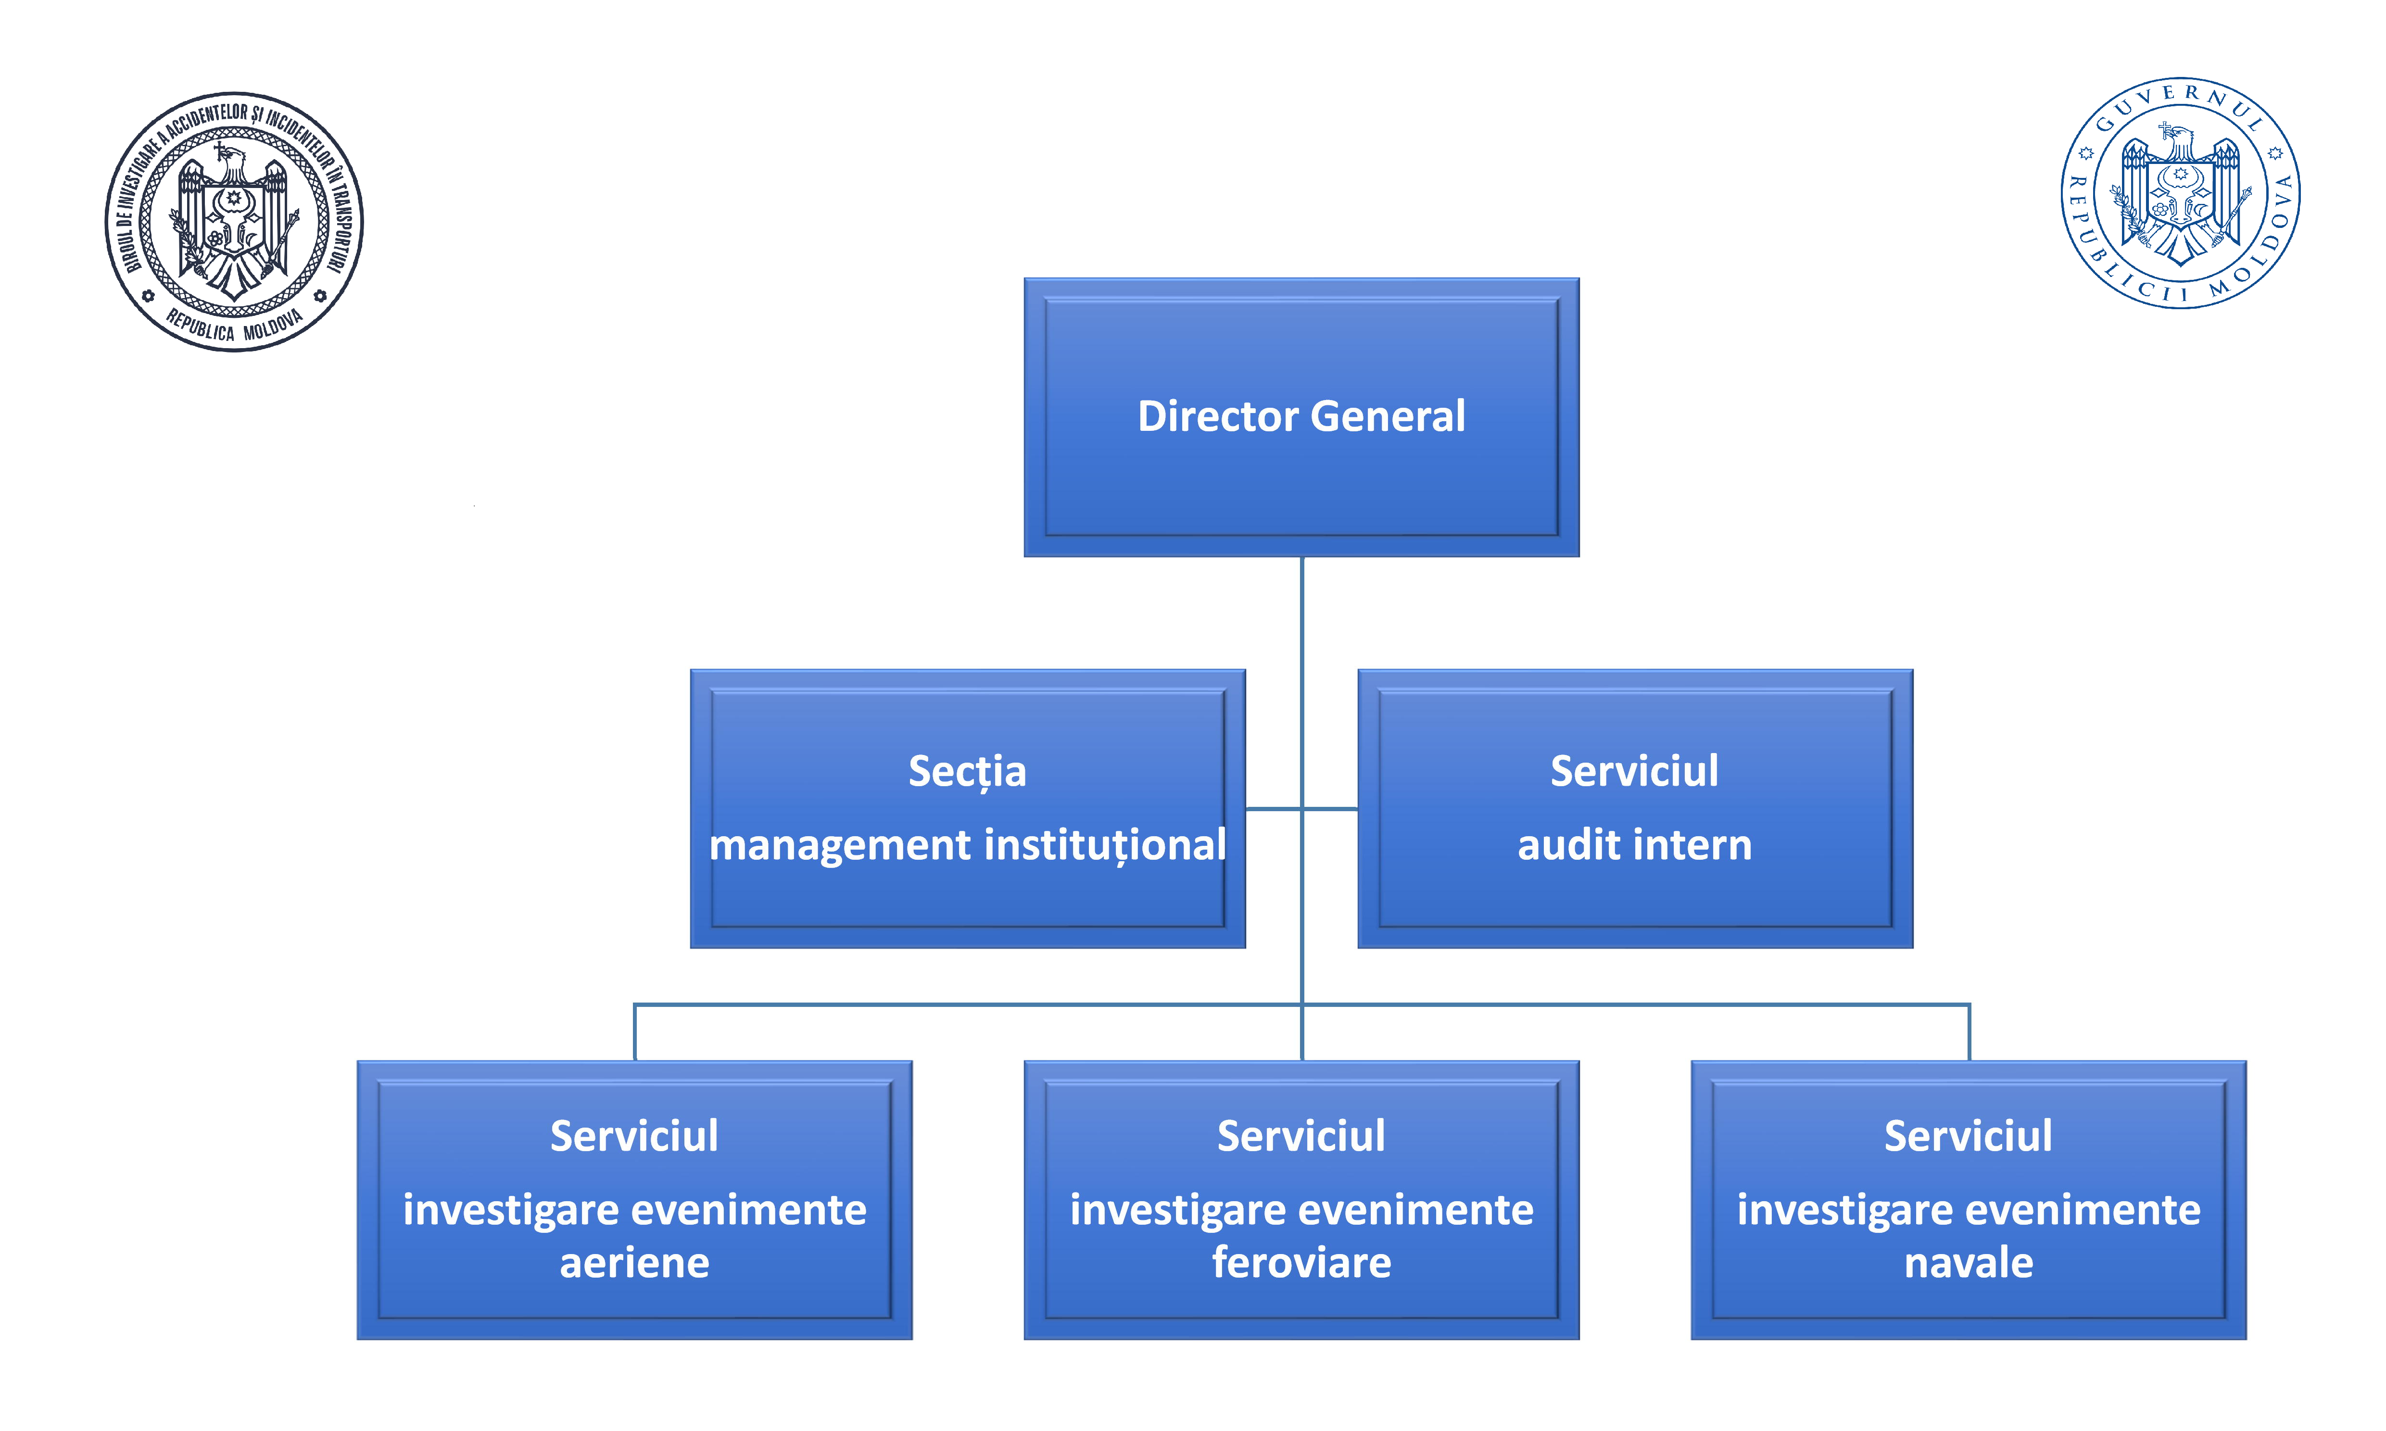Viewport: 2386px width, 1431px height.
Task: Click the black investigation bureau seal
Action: pos(234,222)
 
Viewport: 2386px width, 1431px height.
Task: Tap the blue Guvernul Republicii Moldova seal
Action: pos(2181,193)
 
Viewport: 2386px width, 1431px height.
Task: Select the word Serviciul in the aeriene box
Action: pos(634,1136)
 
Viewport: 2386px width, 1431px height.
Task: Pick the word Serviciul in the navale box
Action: pos(1969,1136)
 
